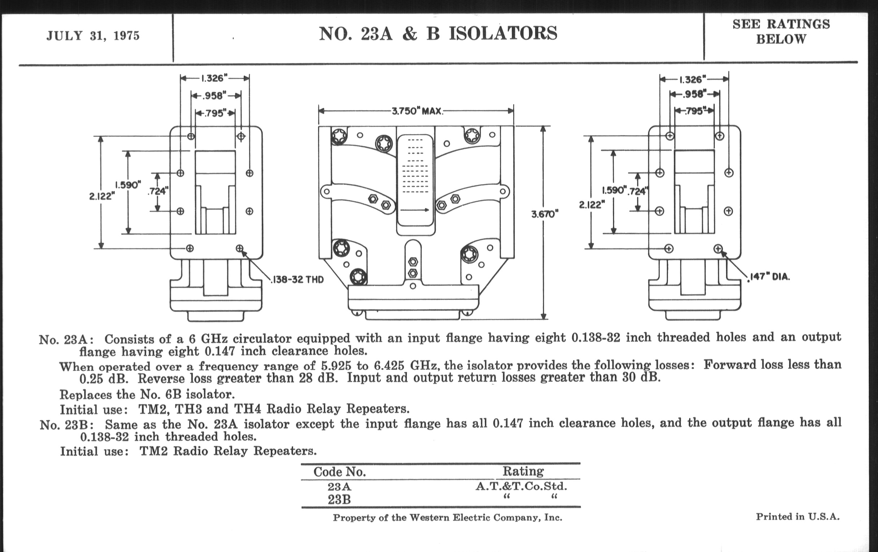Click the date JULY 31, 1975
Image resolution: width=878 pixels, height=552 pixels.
tap(93, 36)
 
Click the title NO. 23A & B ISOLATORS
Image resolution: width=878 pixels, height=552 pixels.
tap(438, 34)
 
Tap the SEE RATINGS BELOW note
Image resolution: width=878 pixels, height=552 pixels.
tap(781, 31)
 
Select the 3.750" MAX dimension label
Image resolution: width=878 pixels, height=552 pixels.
tap(417, 111)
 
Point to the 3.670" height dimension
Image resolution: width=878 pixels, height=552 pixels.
tap(545, 214)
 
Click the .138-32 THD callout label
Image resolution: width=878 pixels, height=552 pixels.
tap(297, 280)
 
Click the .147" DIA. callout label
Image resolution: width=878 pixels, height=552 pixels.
tap(769, 277)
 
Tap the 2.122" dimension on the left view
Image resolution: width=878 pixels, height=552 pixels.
tap(102, 196)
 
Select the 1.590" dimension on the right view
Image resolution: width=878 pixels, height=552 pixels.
tap(614, 190)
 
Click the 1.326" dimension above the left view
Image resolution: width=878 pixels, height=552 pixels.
tap(214, 78)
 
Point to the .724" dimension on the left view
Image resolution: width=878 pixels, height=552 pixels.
tap(158, 191)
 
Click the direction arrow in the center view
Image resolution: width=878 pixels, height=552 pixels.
tap(414, 210)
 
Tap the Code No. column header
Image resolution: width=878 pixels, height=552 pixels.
tap(339, 472)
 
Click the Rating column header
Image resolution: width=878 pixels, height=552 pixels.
tap(523, 471)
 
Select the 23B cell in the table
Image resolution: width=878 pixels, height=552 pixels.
tap(339, 500)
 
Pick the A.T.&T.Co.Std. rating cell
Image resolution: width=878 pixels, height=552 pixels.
tap(521, 486)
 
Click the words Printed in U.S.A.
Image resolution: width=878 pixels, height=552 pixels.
tap(797, 517)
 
